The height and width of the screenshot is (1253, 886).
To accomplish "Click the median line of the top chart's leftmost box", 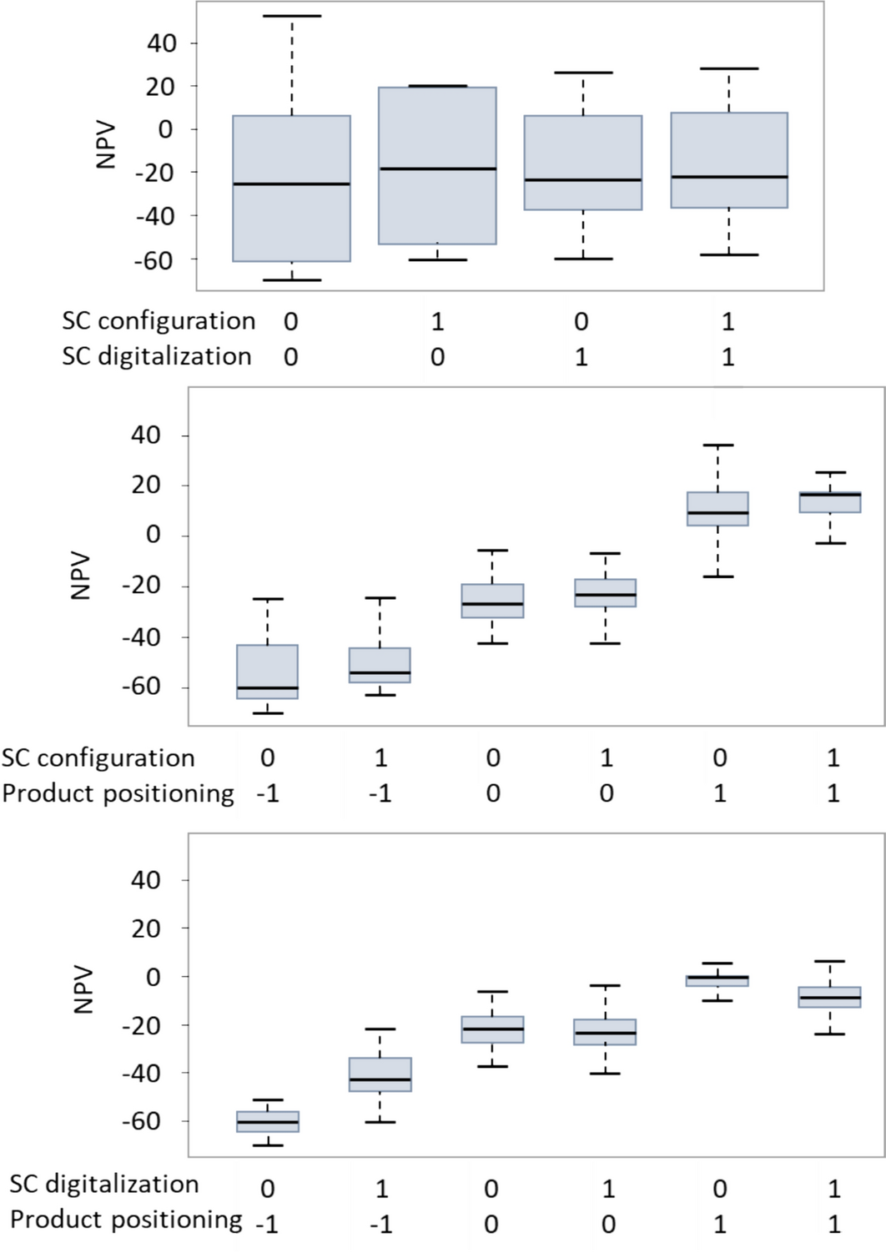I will coord(291,184).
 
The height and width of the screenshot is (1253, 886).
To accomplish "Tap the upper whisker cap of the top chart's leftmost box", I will coord(291,16).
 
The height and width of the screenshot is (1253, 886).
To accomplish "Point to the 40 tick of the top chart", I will coord(162,43).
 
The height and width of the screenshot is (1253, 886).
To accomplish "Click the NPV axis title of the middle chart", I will coord(80,575).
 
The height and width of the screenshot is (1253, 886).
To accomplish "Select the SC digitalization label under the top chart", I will coord(156,356).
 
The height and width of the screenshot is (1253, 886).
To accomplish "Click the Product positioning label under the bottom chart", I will coord(126,1220).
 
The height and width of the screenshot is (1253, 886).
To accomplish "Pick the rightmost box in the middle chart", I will coord(830,502).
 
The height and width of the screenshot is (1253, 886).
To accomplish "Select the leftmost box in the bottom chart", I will coord(268,1121).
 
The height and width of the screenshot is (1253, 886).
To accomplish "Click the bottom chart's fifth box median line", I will coord(717,977).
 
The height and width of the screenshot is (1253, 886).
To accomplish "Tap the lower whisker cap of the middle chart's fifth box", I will coord(717,576).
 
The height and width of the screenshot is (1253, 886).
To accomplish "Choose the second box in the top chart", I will coord(437,165).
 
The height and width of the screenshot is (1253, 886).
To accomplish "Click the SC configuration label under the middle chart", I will coord(98,757).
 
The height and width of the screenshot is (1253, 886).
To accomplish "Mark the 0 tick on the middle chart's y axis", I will coord(153,535).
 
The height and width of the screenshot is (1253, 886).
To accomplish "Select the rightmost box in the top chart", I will coord(729,160).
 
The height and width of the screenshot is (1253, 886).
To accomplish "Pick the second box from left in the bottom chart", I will coord(380,1074).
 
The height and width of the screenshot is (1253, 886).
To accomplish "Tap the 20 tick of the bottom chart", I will coord(145,928).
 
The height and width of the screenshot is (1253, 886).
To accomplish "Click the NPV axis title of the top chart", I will coord(105,146).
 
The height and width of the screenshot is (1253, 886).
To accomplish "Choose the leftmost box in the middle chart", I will coord(268,672).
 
